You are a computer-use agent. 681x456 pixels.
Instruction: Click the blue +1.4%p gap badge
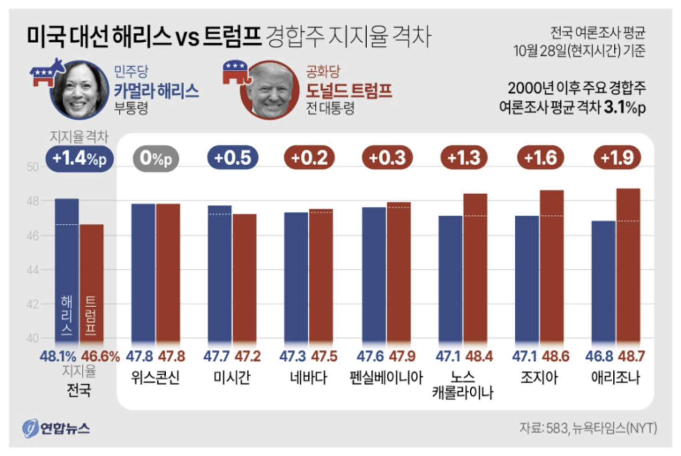pos(79,158)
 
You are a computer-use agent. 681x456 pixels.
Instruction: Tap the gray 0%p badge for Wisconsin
pos(156,158)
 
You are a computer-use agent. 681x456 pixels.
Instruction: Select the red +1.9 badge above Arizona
pos(617,157)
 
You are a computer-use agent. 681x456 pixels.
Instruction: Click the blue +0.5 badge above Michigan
pos(233,158)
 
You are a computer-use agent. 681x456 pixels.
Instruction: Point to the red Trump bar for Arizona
pos(628,265)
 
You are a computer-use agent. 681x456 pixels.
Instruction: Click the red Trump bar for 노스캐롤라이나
pos(475,268)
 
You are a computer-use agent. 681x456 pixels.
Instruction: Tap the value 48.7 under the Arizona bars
pos(631,356)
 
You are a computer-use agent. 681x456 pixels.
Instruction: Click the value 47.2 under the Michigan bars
pos(247,356)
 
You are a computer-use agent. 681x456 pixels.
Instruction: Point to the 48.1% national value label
pos(58,356)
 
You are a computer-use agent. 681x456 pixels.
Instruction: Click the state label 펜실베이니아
pos(386,378)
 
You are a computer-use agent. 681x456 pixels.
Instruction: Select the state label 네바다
pos(309,378)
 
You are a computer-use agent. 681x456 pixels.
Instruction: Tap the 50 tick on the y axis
pos(32,167)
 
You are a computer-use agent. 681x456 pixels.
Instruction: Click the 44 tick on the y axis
pos(32,270)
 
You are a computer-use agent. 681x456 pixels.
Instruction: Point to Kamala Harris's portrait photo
pos(80,90)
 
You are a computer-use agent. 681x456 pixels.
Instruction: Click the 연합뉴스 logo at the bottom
pos(56,429)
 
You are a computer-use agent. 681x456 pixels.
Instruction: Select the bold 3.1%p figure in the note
pos(625,108)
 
